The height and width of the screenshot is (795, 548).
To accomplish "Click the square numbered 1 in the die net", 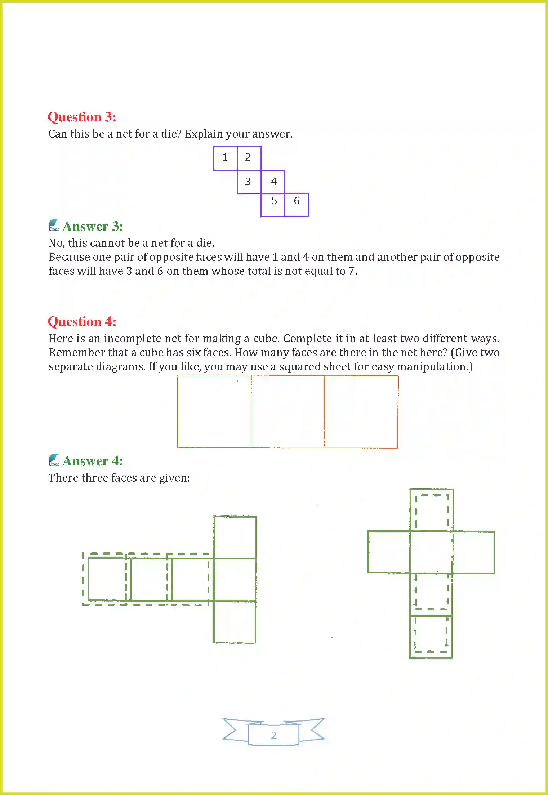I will [225, 158].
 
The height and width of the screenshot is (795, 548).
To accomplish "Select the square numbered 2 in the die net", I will [249, 158].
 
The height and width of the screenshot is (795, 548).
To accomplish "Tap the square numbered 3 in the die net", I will [249, 182].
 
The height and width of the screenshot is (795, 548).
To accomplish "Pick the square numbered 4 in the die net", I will [273, 182].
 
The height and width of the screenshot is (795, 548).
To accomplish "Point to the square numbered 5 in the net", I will [273, 205].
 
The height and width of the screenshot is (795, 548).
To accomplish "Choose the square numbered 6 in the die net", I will [297, 205].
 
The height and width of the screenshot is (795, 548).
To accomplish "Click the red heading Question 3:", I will [82, 117].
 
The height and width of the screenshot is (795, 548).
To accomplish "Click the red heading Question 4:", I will [82, 322].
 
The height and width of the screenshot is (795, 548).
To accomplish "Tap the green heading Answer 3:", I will [93, 227].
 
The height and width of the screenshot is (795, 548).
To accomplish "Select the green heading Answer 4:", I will [93, 461].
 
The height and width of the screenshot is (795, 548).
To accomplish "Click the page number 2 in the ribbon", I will [273, 735].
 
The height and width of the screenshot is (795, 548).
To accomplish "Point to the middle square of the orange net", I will [288, 412].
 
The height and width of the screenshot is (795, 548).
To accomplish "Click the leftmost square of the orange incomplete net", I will [214, 412].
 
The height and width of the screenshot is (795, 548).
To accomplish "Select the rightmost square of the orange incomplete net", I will [361, 412].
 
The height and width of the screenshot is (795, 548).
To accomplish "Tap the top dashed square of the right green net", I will [432, 510].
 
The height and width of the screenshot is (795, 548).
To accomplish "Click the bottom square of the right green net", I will [431, 637].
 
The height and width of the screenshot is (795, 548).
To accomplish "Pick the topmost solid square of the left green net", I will [235, 537].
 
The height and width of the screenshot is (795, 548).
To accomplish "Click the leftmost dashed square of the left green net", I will [107, 579].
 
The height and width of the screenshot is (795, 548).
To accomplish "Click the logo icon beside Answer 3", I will [54, 225].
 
